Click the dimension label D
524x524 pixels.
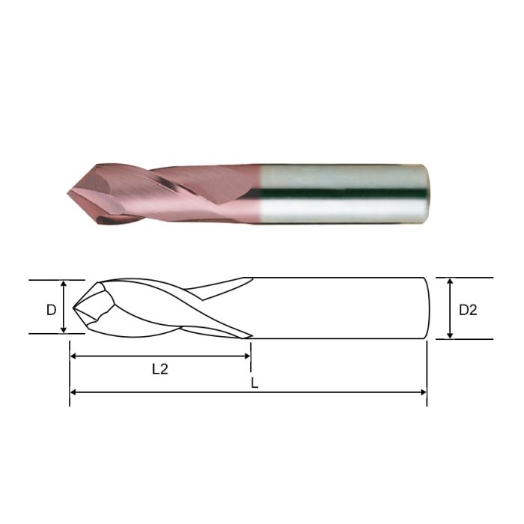[x=51, y=308]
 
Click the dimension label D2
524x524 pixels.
[x=468, y=309]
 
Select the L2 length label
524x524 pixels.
[x=160, y=368]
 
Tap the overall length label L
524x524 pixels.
[x=255, y=382]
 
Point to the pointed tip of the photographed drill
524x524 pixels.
[x=67, y=193]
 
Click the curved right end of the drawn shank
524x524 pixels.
[x=427, y=308]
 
